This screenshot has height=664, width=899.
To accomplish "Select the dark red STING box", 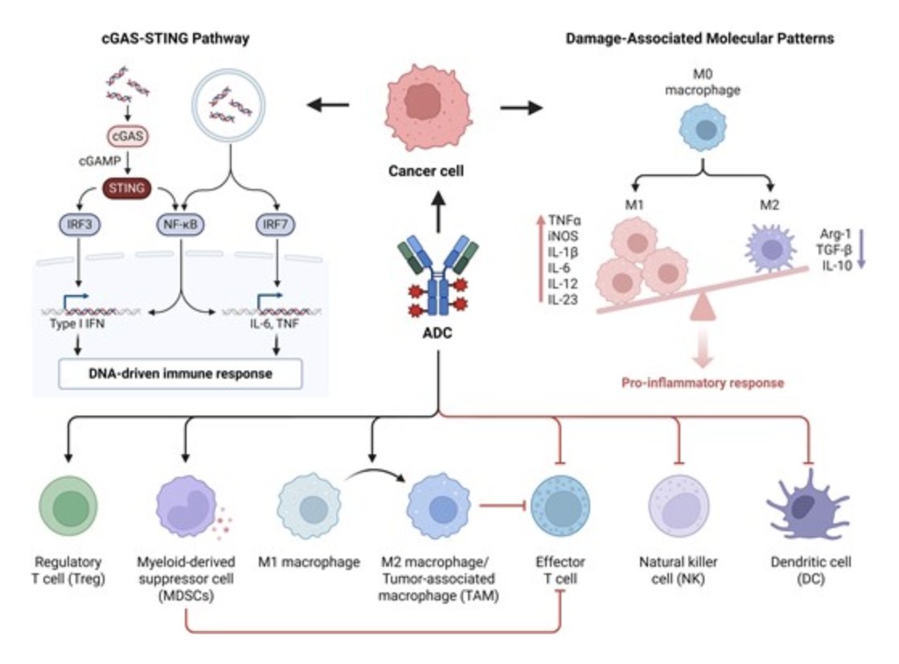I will [x=129, y=188].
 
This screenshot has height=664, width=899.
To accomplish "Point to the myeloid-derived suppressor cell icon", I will [x=185, y=510].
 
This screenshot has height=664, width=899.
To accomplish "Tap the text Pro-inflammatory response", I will [x=703, y=383].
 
